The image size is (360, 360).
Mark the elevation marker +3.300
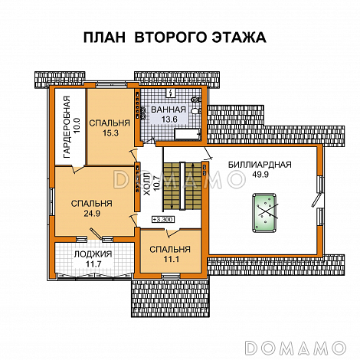tap(162, 220)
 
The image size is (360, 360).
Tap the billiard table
tap(265, 207)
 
